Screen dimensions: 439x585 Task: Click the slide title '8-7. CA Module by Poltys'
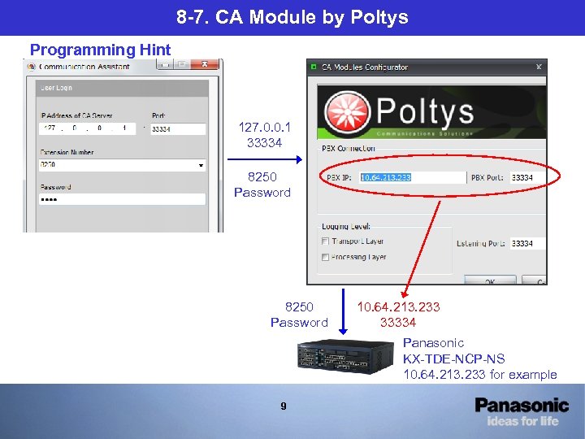tap(292, 17)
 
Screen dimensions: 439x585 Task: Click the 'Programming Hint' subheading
tap(100, 50)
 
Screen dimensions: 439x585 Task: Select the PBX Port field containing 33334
tap(526, 177)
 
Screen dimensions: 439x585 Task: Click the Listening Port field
tap(526, 243)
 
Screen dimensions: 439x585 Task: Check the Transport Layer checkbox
tap(326, 241)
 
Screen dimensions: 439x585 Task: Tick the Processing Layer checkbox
tap(326, 257)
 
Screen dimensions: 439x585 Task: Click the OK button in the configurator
tap(491, 281)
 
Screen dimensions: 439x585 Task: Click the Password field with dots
tap(122, 199)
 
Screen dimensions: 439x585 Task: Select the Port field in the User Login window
tap(178, 128)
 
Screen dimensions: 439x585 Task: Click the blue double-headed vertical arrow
tap(342, 311)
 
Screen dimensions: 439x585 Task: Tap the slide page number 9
tap(283, 406)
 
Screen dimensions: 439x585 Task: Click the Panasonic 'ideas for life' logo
tap(522, 411)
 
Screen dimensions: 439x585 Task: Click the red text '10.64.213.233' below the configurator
tap(398, 307)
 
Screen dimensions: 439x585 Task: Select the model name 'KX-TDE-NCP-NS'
tap(453, 359)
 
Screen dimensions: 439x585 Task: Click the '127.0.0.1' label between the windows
tap(264, 128)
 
